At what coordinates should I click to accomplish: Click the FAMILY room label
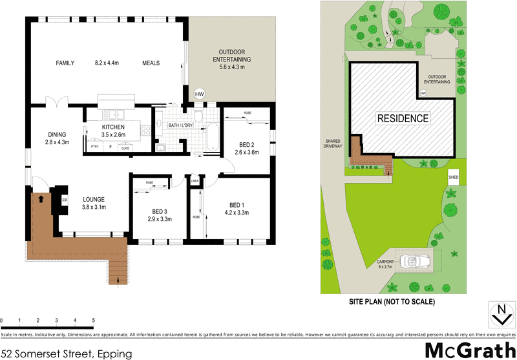(65, 63)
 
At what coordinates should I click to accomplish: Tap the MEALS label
(151, 63)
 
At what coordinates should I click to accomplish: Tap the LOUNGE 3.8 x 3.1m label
(94, 203)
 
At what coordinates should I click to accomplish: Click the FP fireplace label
(65, 200)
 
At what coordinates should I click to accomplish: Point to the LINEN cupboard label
(195, 182)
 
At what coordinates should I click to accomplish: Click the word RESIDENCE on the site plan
(403, 118)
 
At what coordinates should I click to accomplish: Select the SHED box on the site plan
(453, 176)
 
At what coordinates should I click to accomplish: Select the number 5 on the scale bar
(94, 321)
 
